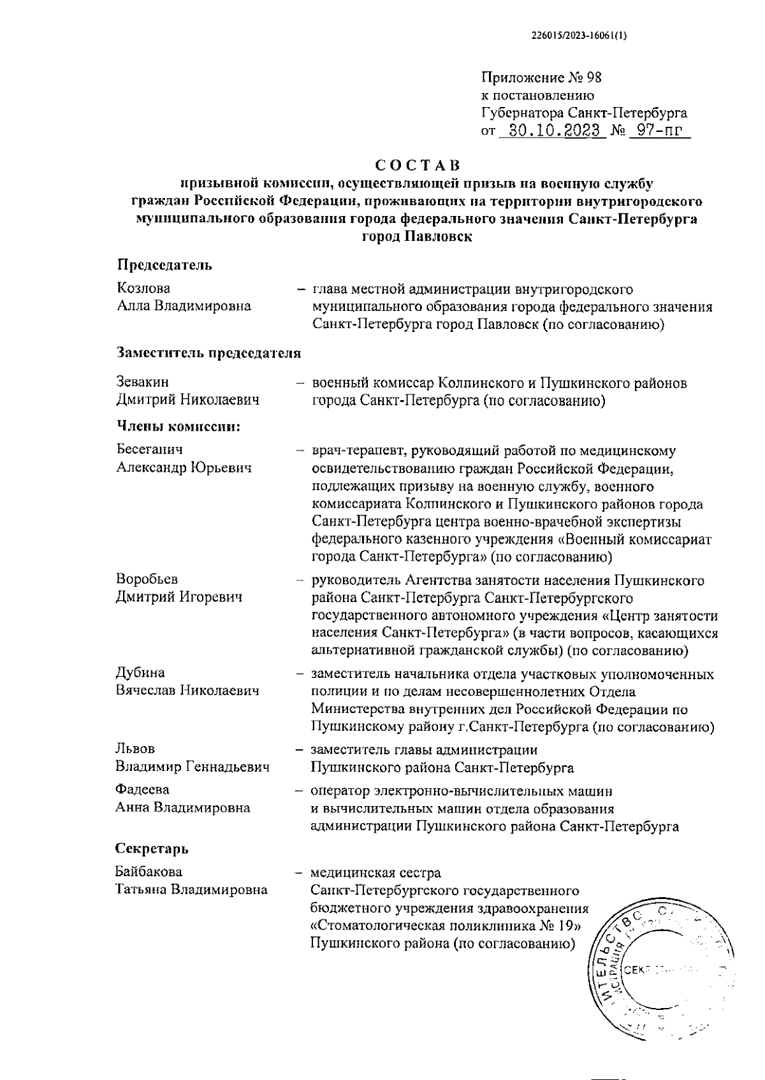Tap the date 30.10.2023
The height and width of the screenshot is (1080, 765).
click(551, 131)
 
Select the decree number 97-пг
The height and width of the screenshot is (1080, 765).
click(659, 131)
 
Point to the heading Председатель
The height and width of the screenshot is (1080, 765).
click(164, 265)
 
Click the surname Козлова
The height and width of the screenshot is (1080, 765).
click(143, 288)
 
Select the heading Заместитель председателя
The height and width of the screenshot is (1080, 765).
click(208, 352)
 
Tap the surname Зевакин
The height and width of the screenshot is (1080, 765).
click(143, 382)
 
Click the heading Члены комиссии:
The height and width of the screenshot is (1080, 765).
click(178, 426)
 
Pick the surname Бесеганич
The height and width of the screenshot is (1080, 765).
click(149, 449)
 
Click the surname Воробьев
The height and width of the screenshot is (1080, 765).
click(147, 579)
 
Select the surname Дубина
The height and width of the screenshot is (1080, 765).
click(140, 673)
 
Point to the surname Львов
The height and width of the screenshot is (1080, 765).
click(135, 749)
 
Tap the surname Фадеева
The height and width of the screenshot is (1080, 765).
click(142, 790)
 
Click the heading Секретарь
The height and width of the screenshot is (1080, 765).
click(152, 849)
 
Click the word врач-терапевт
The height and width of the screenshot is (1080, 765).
click(358, 451)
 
